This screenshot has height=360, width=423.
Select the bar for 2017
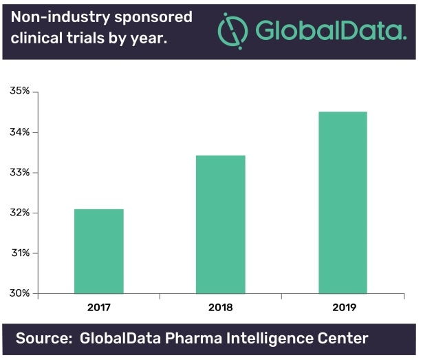pos(98,251)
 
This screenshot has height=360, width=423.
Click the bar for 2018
pos(220,224)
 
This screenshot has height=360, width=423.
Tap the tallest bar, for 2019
pos(343,202)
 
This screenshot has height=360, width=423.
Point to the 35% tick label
pos(19,92)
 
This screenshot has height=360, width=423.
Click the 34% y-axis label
pos(19,132)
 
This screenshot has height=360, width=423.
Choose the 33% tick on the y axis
pos(19,172)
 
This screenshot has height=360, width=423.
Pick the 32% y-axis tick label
pos(19,213)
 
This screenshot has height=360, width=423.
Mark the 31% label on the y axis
pos(19,253)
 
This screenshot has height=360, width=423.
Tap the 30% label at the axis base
pos(19,293)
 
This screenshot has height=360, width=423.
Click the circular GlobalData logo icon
pos(232,30)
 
